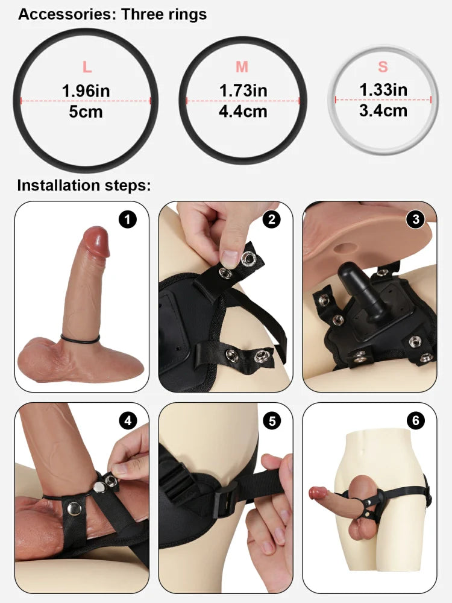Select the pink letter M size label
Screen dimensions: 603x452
click(x=242, y=67)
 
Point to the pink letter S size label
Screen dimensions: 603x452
click(x=383, y=66)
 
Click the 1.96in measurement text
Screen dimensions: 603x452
click(x=86, y=91)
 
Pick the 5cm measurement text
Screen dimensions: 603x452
click(x=86, y=112)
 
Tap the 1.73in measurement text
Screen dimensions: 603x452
click(x=242, y=90)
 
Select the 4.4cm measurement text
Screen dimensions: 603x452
click(x=242, y=112)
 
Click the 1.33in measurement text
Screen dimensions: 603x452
click(x=383, y=89)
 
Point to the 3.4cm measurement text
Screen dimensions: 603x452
click(x=383, y=110)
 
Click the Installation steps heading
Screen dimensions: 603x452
click(x=84, y=185)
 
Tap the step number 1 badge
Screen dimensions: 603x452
click(x=127, y=219)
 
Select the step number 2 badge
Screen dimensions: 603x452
click(x=272, y=219)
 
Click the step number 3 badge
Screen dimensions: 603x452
click(x=415, y=219)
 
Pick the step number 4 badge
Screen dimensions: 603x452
click(x=127, y=420)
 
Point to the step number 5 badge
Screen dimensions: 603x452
click(x=272, y=420)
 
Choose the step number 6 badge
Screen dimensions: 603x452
click(x=415, y=420)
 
